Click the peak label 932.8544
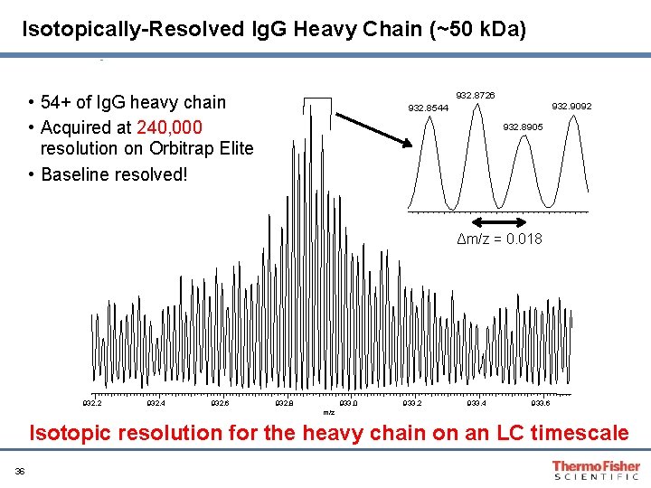click(x=429, y=108)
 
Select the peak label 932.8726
click(x=475, y=95)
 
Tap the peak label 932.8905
click(x=524, y=127)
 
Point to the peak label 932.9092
click(x=572, y=107)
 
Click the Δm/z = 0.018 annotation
click(x=500, y=239)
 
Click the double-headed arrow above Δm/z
click(x=500, y=221)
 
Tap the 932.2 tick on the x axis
click(x=92, y=403)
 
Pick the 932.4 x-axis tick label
click(x=156, y=403)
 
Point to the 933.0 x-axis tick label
click(x=349, y=403)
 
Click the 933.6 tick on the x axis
click(x=541, y=403)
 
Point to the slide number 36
click(x=20, y=471)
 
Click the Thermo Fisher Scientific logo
click(x=596, y=470)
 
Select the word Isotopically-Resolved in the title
click(x=123, y=30)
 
